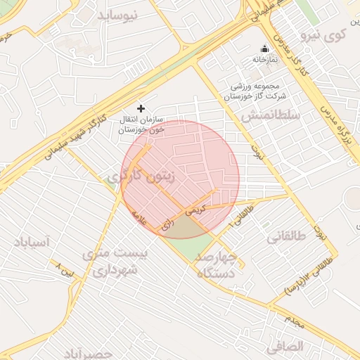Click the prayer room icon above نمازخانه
coord(264,49)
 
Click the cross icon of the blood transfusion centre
coord(141,108)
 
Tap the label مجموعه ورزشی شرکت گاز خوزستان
coord(257,91)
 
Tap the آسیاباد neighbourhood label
coord(31,243)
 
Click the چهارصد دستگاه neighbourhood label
coord(217,266)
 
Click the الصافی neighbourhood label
coord(285,347)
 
